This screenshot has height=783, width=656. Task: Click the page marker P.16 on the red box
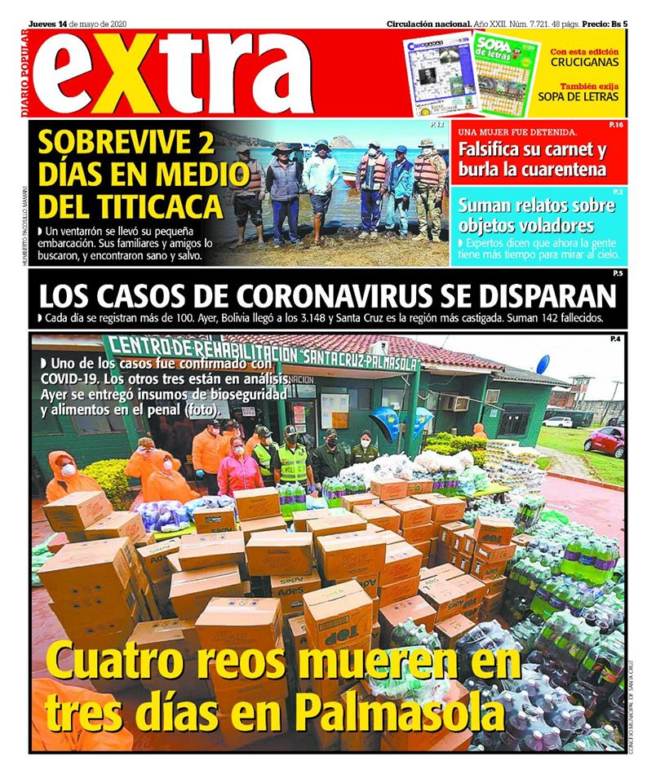616,125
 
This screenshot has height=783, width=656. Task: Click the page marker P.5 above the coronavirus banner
618,273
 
